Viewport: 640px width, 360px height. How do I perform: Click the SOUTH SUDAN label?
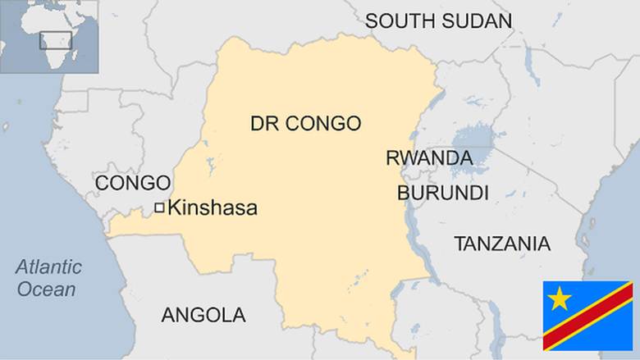[x=438, y=21]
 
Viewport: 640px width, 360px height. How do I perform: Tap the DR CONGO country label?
[x=305, y=124]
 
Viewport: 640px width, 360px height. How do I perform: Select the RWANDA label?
[x=428, y=158]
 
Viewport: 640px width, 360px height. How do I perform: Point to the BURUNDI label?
[x=442, y=194]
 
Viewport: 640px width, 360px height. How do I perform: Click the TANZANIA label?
[x=501, y=244]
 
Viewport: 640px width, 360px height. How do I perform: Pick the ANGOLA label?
[x=203, y=315]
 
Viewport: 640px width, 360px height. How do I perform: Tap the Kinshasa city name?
[x=212, y=209]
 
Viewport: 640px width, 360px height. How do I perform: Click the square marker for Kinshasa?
[x=159, y=208]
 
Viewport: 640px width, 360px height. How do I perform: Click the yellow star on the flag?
[x=560, y=298]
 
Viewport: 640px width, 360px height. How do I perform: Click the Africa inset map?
[x=48, y=34]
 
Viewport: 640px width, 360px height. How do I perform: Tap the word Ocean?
[x=47, y=289]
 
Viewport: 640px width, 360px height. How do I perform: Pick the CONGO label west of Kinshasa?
[x=133, y=183]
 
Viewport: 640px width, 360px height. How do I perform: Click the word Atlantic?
[x=49, y=267]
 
